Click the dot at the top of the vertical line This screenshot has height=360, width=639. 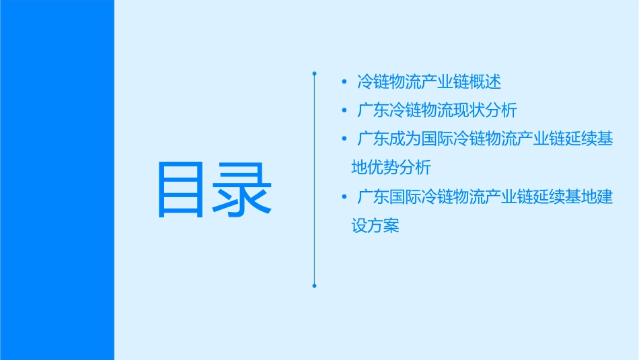tap(314, 72)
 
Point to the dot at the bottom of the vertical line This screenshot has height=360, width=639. tap(314, 285)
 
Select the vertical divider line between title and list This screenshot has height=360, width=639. tap(314, 178)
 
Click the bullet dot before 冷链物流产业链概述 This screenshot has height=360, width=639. tap(344, 83)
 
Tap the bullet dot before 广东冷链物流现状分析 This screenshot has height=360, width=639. tap(344, 111)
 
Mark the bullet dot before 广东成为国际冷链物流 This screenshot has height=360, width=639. tap(344, 139)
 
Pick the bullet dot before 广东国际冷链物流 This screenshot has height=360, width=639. tap(344, 197)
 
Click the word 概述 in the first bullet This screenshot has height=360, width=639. tap(486, 83)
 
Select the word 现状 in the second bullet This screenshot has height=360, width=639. tap(469, 111)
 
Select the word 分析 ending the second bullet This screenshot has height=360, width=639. tap(501, 111)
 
